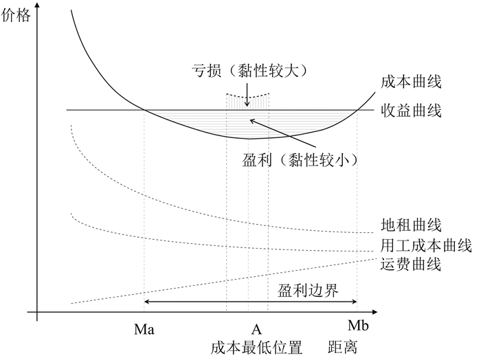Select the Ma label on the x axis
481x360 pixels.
coord(144,329)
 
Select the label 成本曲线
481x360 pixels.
coord(410,82)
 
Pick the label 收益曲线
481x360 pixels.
coord(410,110)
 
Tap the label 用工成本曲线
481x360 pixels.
coord(425,245)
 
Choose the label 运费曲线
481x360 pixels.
coord(410,263)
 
